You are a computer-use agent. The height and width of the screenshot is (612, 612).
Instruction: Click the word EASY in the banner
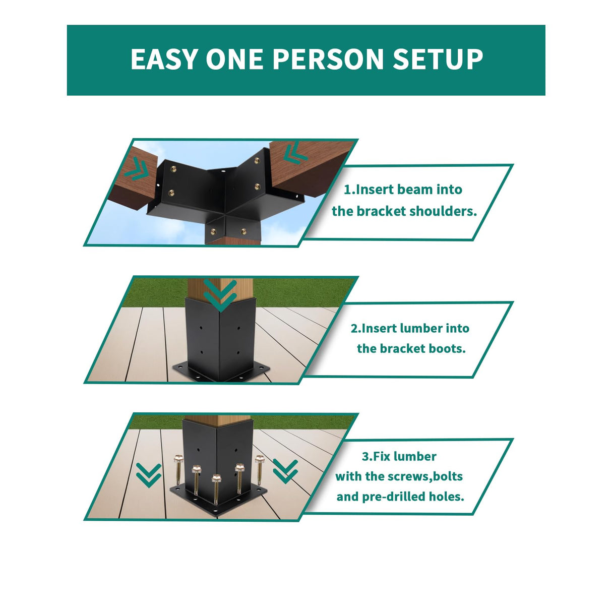click(164, 59)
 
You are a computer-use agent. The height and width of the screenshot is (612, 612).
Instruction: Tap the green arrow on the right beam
click(294, 153)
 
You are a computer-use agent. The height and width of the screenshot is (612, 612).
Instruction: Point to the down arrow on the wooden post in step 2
click(220, 295)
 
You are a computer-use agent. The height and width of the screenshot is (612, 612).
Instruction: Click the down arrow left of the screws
click(149, 475)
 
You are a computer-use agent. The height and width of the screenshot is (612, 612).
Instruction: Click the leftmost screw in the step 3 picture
click(178, 469)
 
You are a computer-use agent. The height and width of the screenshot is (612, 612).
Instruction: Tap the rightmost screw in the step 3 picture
click(260, 469)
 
